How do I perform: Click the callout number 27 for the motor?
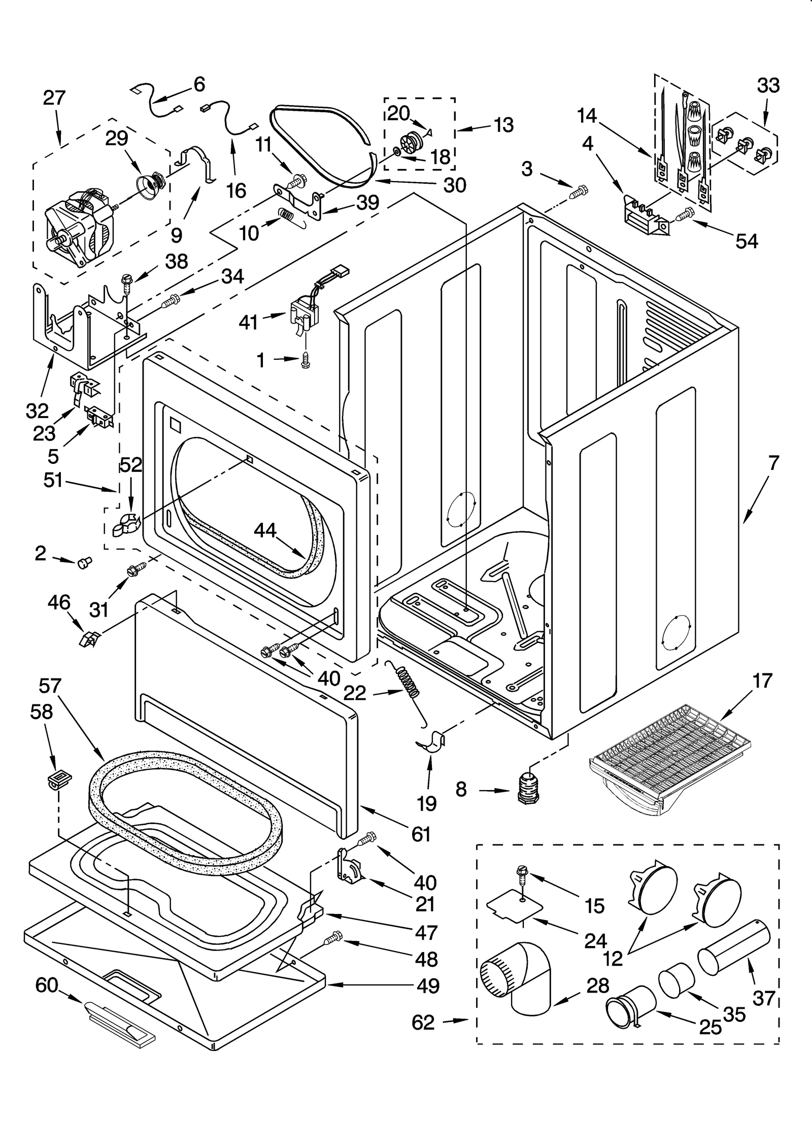[54, 97]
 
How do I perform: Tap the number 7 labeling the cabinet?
[773, 463]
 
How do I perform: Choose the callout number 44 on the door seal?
[265, 531]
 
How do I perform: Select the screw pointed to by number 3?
[579, 192]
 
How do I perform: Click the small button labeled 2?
[84, 562]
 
